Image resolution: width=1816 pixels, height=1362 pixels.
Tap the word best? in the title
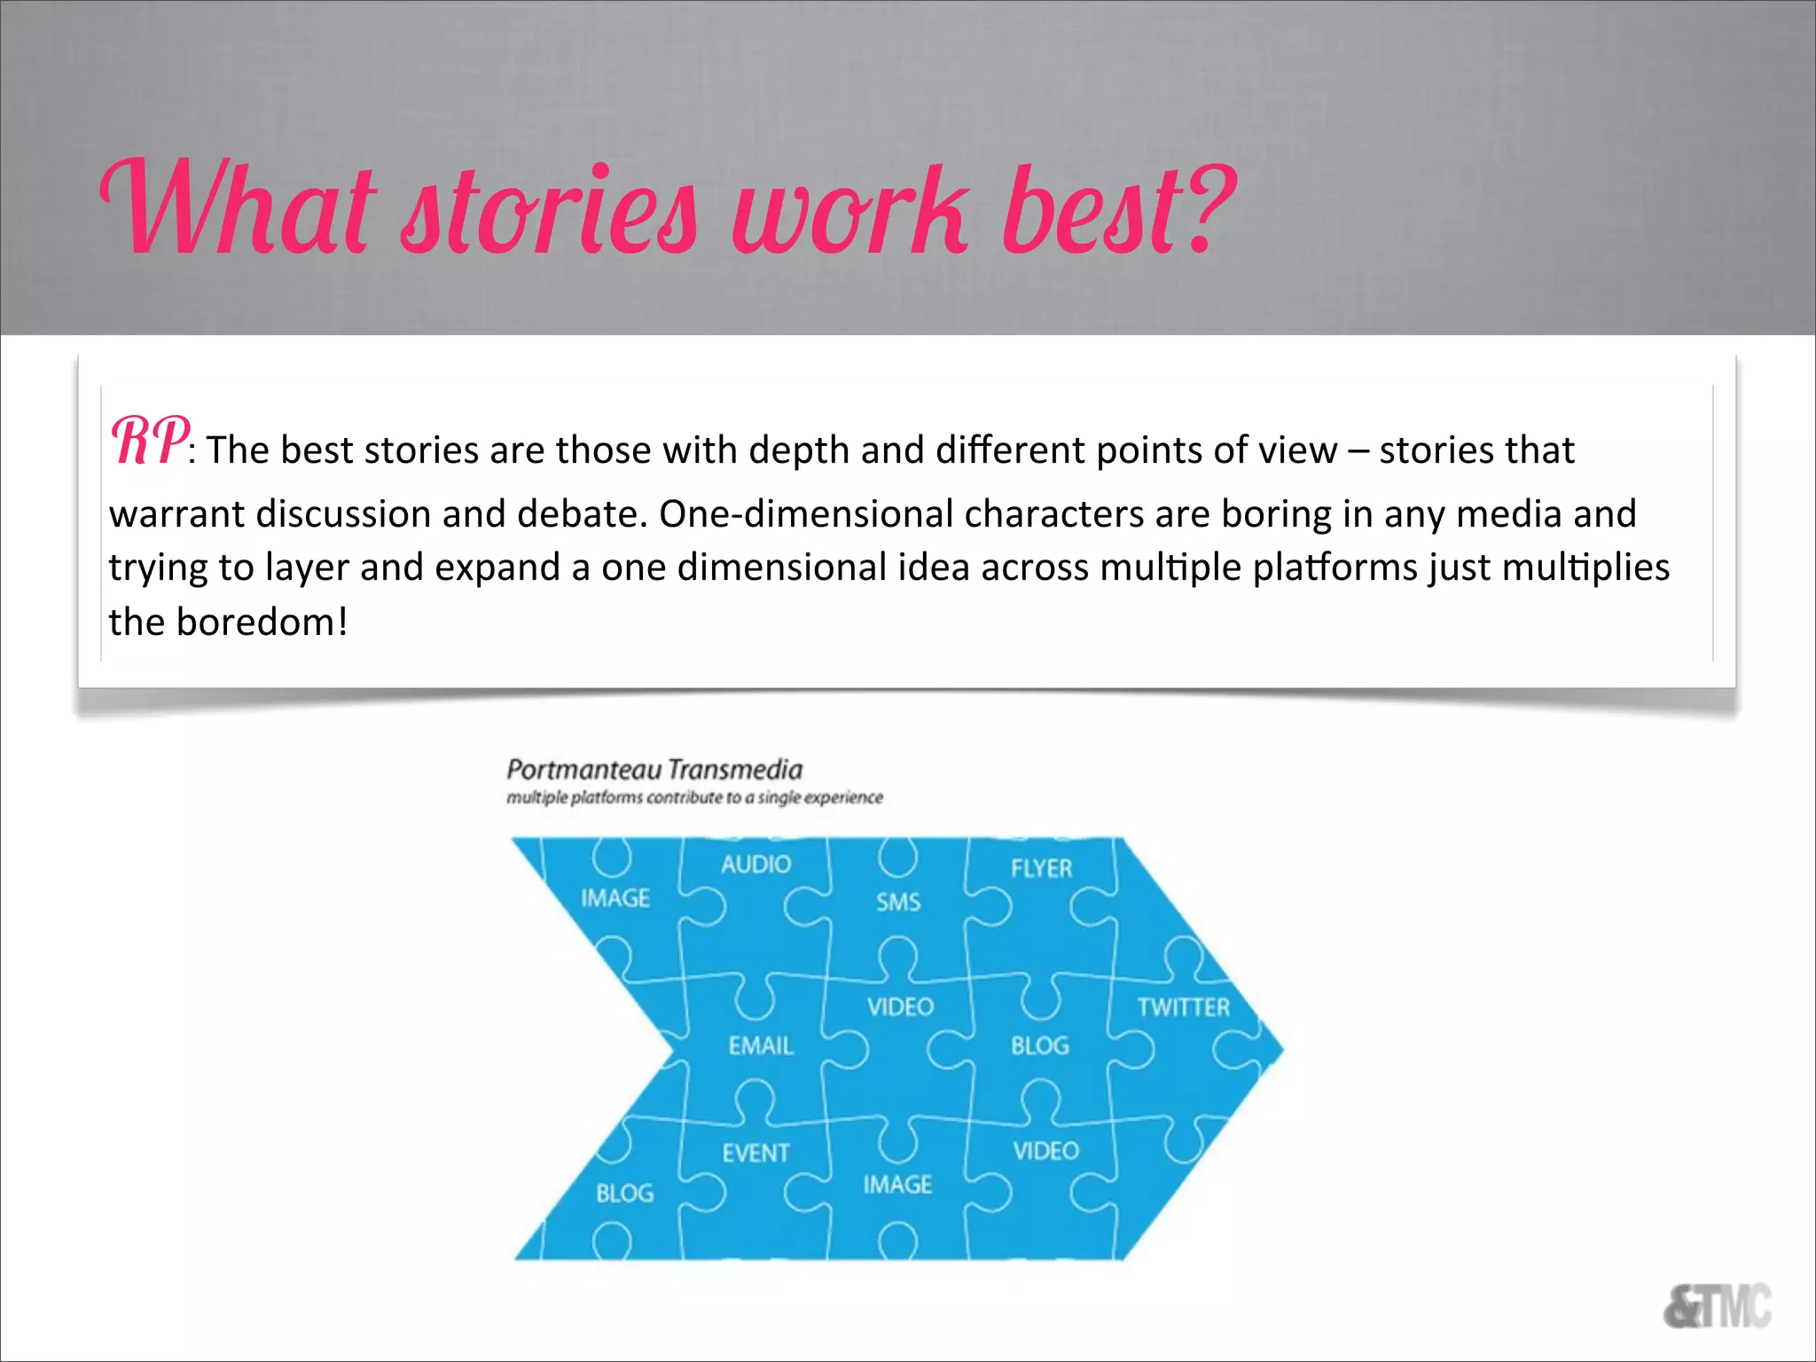[x=1119, y=209]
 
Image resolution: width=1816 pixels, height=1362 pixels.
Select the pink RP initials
[x=148, y=442]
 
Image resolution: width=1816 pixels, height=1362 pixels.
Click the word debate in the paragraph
[x=581, y=514]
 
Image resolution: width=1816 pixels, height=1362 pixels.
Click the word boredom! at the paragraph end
[x=262, y=622]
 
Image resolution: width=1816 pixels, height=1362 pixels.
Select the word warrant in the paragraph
[x=176, y=514]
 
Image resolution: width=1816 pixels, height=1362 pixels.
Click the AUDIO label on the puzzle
[x=755, y=865]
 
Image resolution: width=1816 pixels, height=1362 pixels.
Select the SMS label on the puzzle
[x=898, y=903]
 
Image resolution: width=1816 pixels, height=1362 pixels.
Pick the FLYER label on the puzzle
[x=1041, y=868]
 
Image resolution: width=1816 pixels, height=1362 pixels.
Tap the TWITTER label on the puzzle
[x=1184, y=1007]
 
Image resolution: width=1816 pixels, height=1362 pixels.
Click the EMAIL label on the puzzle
[x=761, y=1046]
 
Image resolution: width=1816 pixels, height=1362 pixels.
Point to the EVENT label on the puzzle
[x=755, y=1153]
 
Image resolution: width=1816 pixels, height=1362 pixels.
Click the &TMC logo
[x=1717, y=1306]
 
